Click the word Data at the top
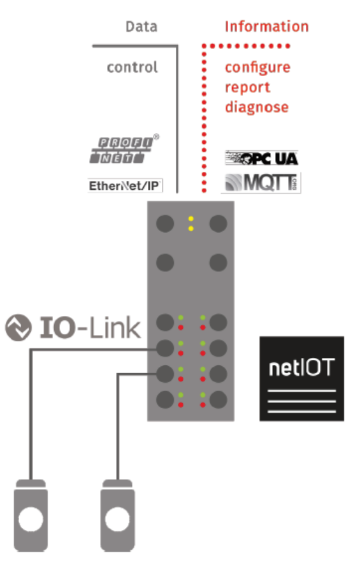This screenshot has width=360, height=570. pyautogui.click(x=141, y=27)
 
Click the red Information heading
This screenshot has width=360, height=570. pyautogui.click(x=266, y=27)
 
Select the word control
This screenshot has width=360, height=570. pyautogui.click(x=133, y=68)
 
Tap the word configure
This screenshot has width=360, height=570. pyautogui.click(x=257, y=68)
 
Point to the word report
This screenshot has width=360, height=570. pyautogui.click(x=247, y=88)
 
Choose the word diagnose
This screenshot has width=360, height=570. pyautogui.click(x=257, y=108)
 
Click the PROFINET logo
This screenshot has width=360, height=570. pyautogui.click(x=124, y=149)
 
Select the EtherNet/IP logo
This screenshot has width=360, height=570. pyautogui.click(x=125, y=186)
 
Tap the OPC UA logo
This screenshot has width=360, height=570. pyautogui.click(x=261, y=158)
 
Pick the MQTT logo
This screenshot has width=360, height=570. pyautogui.click(x=261, y=183)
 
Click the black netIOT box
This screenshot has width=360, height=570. pyautogui.click(x=302, y=379)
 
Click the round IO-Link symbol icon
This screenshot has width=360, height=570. pyautogui.click(x=18, y=327)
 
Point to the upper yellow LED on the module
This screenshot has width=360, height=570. pyautogui.click(x=191, y=218)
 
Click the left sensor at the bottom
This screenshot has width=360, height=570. pyautogui.click(x=31, y=515)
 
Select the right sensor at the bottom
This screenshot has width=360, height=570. pyautogui.click(x=117, y=515)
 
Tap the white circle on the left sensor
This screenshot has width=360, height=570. pyautogui.click(x=31, y=519)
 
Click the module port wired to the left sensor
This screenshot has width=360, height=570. pyautogui.click(x=165, y=348)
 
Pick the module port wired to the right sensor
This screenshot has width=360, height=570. pyautogui.click(x=165, y=374)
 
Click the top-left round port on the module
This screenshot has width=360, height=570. pyautogui.click(x=165, y=223)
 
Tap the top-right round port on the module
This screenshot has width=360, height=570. pyautogui.click(x=218, y=223)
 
